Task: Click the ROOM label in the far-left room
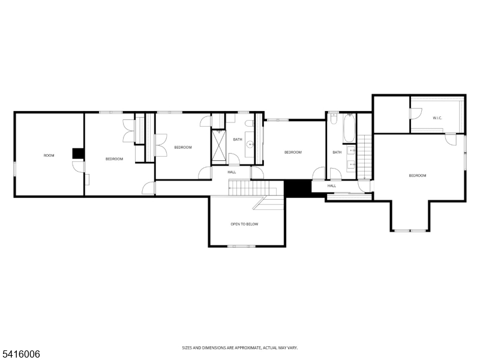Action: pyautogui.click(x=49, y=155)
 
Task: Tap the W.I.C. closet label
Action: pyautogui.click(x=437, y=118)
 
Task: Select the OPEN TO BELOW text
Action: pyautogui.click(x=245, y=224)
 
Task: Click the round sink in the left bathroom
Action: pyautogui.click(x=250, y=145)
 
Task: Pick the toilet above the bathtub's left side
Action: pyautogui.click(x=333, y=119)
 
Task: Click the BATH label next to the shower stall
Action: pyautogui.click(x=238, y=140)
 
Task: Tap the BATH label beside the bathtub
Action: pyautogui.click(x=337, y=152)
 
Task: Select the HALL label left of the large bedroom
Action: pyautogui.click(x=332, y=185)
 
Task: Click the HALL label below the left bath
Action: pyautogui.click(x=232, y=172)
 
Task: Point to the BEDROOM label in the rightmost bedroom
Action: pyautogui.click(x=418, y=175)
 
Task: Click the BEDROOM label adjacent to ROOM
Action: pyautogui.click(x=114, y=158)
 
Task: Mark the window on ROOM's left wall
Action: pyautogui.click(x=14, y=169)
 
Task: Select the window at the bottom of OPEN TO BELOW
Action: pyautogui.click(x=241, y=246)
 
